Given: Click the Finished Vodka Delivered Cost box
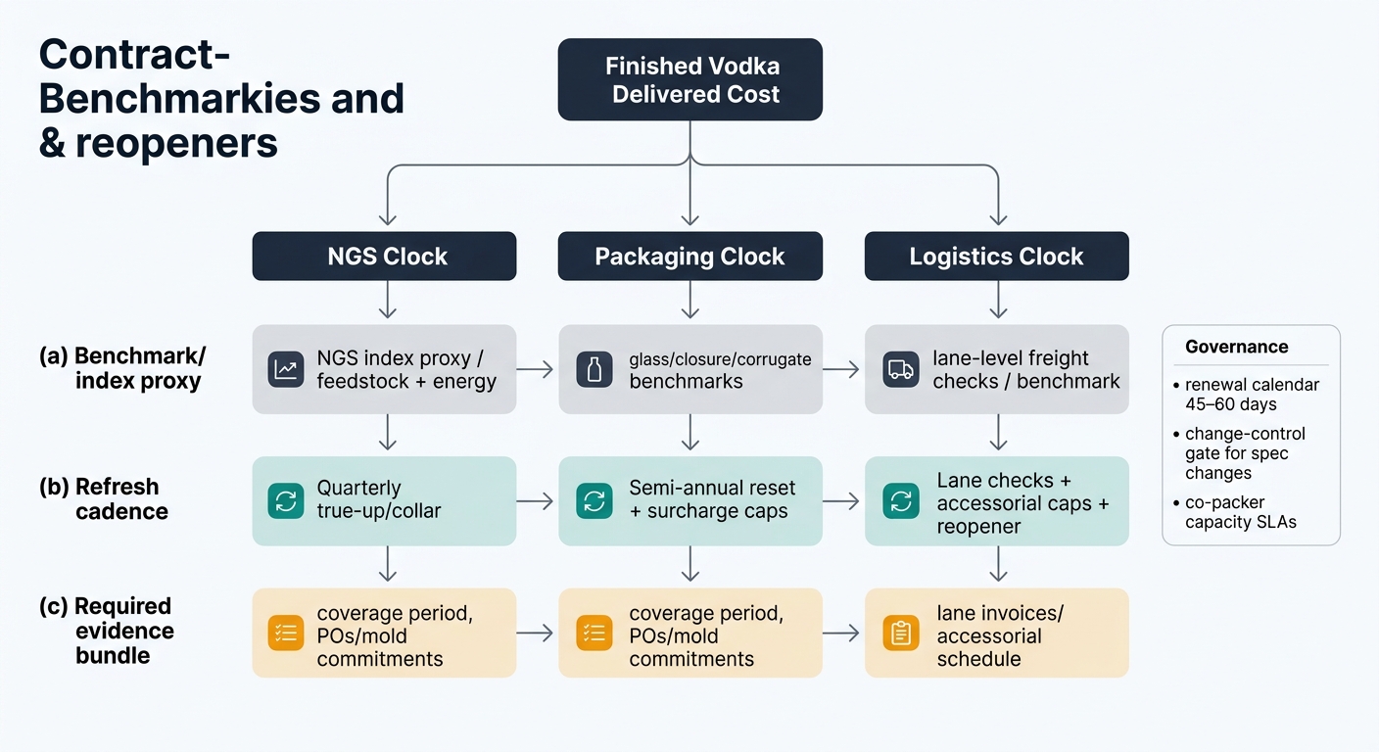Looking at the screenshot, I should coord(689,80).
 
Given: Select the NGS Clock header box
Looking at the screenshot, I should coord(384,257).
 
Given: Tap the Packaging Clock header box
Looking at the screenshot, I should coord(689,257).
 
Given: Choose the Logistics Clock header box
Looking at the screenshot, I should coord(996,257).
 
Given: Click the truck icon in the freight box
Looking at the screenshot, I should coord(899,369).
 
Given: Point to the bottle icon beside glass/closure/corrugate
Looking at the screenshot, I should coord(594,369).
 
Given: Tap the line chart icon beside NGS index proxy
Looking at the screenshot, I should coord(287,369).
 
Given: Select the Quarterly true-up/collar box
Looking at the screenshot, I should coord(384,500).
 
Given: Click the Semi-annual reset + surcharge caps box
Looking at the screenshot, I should coord(689,500).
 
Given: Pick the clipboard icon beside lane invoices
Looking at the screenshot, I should coord(899,633).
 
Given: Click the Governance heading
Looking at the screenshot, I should coord(1236,347).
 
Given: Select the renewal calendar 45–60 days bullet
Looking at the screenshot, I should coord(1251,394).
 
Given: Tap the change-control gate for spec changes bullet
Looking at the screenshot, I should coord(1244,452).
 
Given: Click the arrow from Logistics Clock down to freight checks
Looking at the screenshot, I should coord(997,300).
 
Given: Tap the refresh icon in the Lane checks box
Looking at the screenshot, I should coord(899,501).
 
